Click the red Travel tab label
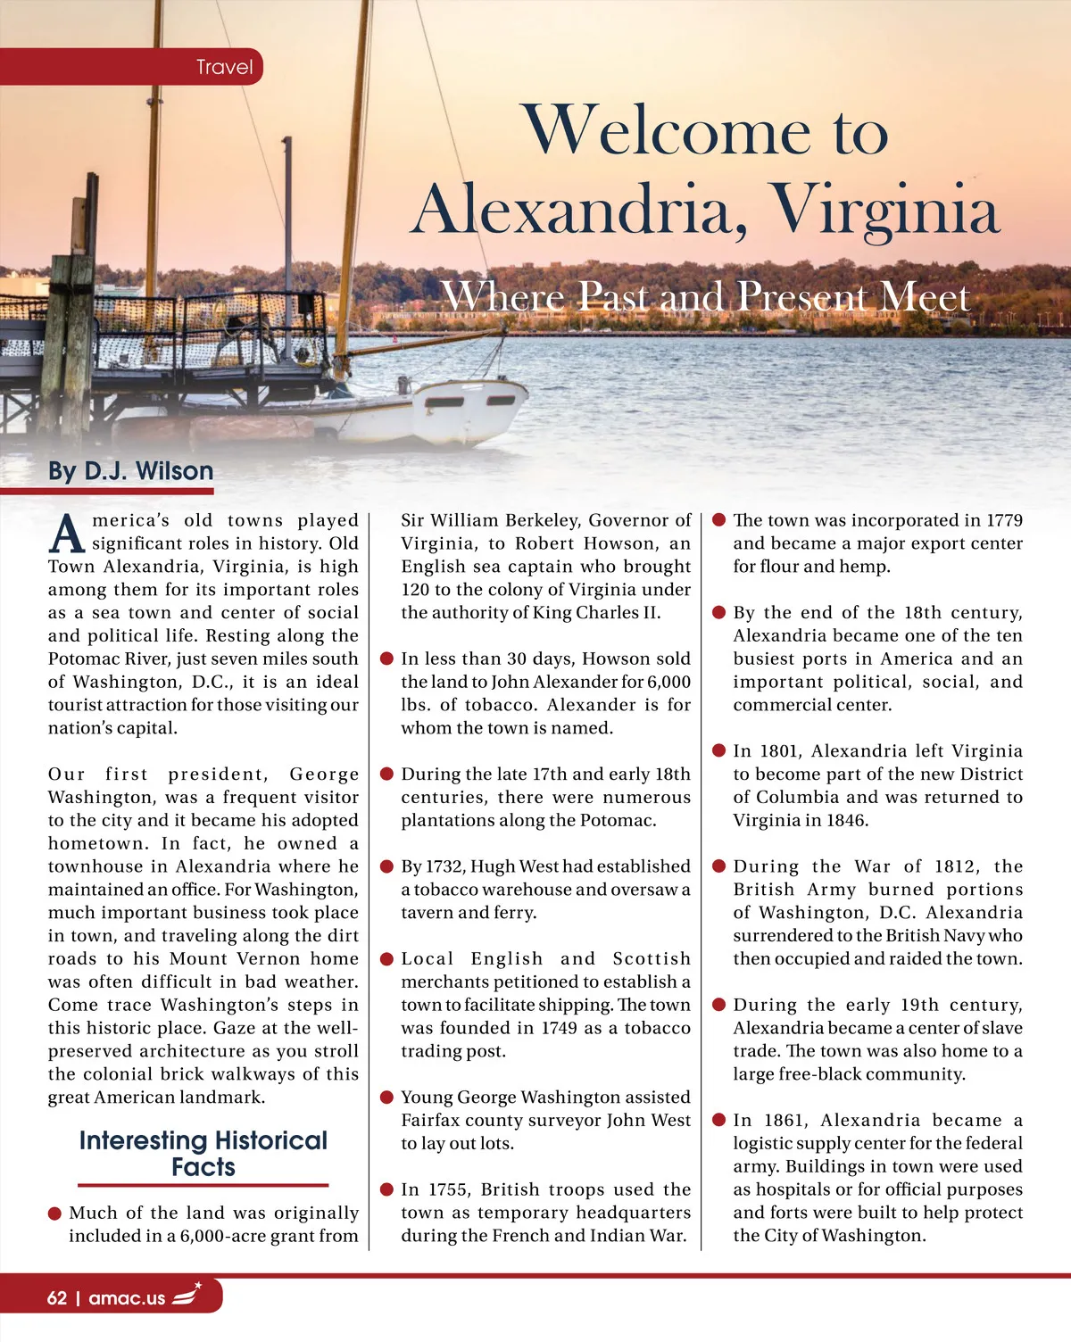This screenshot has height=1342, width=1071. pos(224,67)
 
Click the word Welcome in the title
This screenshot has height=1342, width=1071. pos(666,131)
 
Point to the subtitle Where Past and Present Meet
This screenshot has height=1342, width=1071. pos(705,296)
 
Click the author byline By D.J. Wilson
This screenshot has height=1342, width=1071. pos(131,471)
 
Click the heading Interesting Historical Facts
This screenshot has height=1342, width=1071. pos(203,1154)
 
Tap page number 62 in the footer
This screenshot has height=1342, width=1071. pos(57,1297)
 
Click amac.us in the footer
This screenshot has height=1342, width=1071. pos(127,1298)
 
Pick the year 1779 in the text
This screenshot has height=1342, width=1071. pos(1004,520)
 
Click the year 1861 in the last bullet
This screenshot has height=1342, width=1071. pos(784,1120)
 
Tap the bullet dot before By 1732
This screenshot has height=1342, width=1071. pos(387,866)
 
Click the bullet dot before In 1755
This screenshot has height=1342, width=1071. pos(387,1189)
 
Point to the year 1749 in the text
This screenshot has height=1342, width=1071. pos(559,1028)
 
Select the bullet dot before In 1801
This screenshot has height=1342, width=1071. pos(719,750)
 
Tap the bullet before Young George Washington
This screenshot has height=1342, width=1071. pos(387,1097)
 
